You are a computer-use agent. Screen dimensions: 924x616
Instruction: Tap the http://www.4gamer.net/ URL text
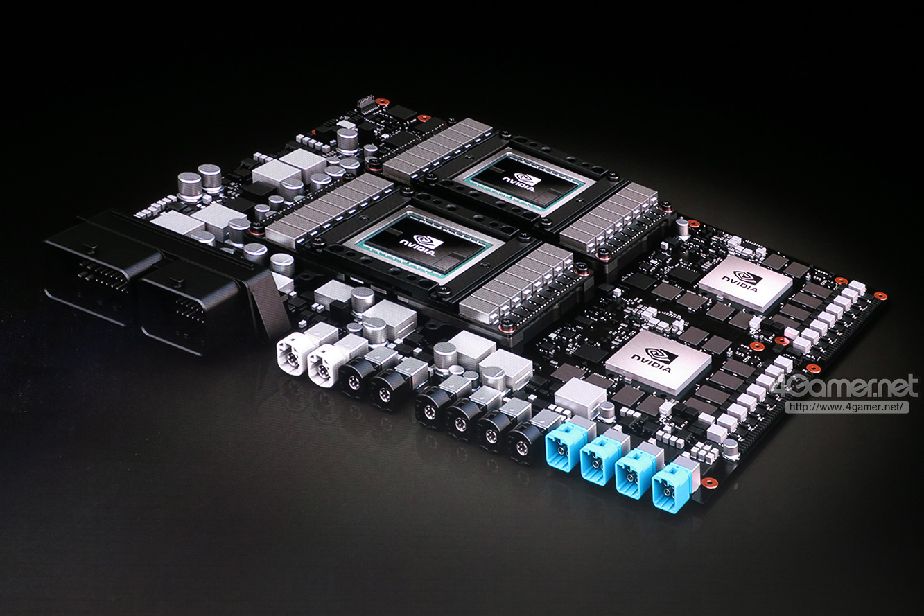click(847, 407)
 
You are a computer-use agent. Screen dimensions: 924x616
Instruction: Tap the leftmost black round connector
click(354, 375)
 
